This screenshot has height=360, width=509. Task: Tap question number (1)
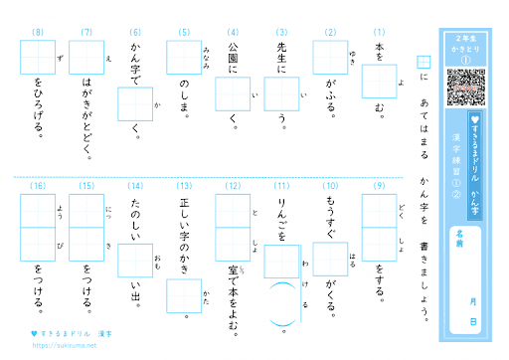(x=379, y=33)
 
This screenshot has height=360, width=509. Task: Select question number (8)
(x=38, y=33)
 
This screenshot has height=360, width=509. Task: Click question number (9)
(x=379, y=186)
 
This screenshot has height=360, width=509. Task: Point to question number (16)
(x=38, y=186)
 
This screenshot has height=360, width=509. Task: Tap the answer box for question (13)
(x=184, y=295)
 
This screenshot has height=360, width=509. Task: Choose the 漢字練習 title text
(x=457, y=149)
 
